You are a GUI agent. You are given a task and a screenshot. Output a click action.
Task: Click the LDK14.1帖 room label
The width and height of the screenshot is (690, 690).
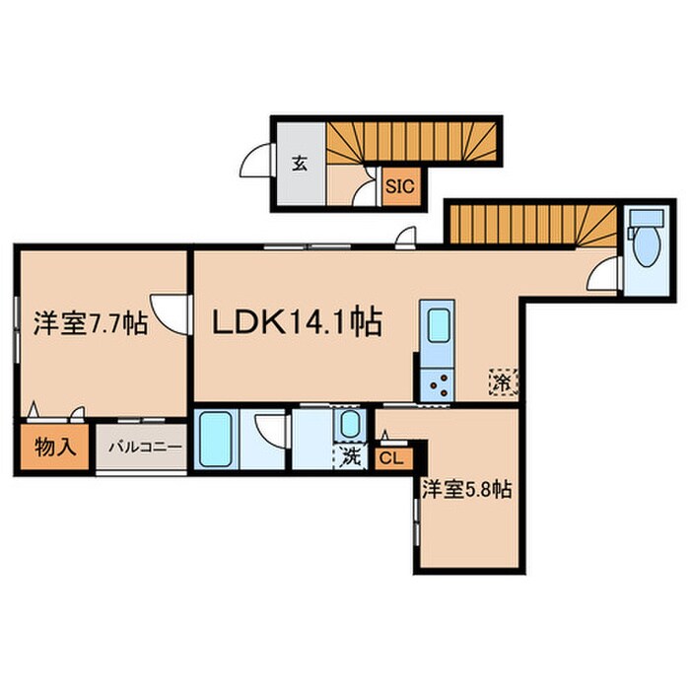297,322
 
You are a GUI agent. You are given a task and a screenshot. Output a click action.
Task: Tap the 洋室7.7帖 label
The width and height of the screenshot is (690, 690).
91,323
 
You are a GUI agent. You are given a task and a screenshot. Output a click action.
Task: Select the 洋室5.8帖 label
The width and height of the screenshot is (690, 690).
466,489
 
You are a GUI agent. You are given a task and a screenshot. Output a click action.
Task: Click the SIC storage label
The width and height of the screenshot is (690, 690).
400,186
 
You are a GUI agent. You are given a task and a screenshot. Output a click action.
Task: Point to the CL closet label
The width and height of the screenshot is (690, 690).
391,459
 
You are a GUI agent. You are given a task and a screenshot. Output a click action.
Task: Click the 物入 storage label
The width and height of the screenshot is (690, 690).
55,448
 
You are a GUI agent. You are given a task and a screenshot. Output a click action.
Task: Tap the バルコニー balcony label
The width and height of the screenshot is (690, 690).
145,448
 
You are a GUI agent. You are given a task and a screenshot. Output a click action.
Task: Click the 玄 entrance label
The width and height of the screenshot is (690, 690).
300,164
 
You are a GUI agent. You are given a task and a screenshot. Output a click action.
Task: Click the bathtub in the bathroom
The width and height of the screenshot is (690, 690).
216,439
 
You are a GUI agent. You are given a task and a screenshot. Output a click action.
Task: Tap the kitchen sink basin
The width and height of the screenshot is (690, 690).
438,325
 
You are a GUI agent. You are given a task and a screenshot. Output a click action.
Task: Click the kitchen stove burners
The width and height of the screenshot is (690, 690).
437,385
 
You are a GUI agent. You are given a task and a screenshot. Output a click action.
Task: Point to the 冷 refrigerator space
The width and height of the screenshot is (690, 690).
504,382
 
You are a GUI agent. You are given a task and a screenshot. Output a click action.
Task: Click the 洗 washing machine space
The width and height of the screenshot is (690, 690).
350,456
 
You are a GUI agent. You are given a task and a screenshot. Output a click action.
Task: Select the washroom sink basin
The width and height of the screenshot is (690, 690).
350,424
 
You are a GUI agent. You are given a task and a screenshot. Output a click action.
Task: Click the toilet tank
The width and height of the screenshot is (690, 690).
646,218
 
